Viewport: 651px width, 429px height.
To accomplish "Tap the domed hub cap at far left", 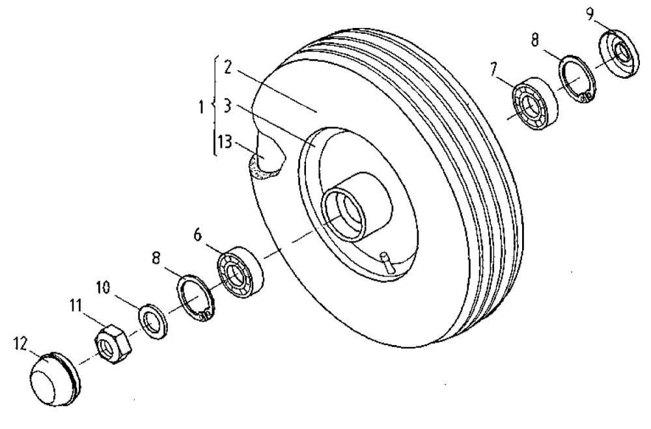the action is (x=54, y=378).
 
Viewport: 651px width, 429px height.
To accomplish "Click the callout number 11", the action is (x=76, y=306).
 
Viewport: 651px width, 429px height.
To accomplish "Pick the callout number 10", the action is (x=104, y=287).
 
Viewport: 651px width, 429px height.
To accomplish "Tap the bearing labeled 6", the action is (x=241, y=271).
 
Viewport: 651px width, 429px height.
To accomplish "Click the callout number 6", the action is (x=198, y=235).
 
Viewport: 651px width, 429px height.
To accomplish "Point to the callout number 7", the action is (x=493, y=69).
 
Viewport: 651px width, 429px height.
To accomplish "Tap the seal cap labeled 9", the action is (x=619, y=53).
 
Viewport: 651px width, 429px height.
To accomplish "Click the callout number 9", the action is (x=590, y=15).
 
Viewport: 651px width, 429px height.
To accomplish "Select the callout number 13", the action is (x=225, y=143).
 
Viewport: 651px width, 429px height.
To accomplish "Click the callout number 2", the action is (x=227, y=67).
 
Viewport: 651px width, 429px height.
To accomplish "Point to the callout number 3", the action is (x=227, y=105).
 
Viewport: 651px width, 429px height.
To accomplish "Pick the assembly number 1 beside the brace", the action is (x=201, y=107).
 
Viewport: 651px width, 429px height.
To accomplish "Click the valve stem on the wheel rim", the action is (x=387, y=262).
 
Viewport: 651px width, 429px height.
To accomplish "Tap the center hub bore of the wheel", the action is (x=344, y=214).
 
